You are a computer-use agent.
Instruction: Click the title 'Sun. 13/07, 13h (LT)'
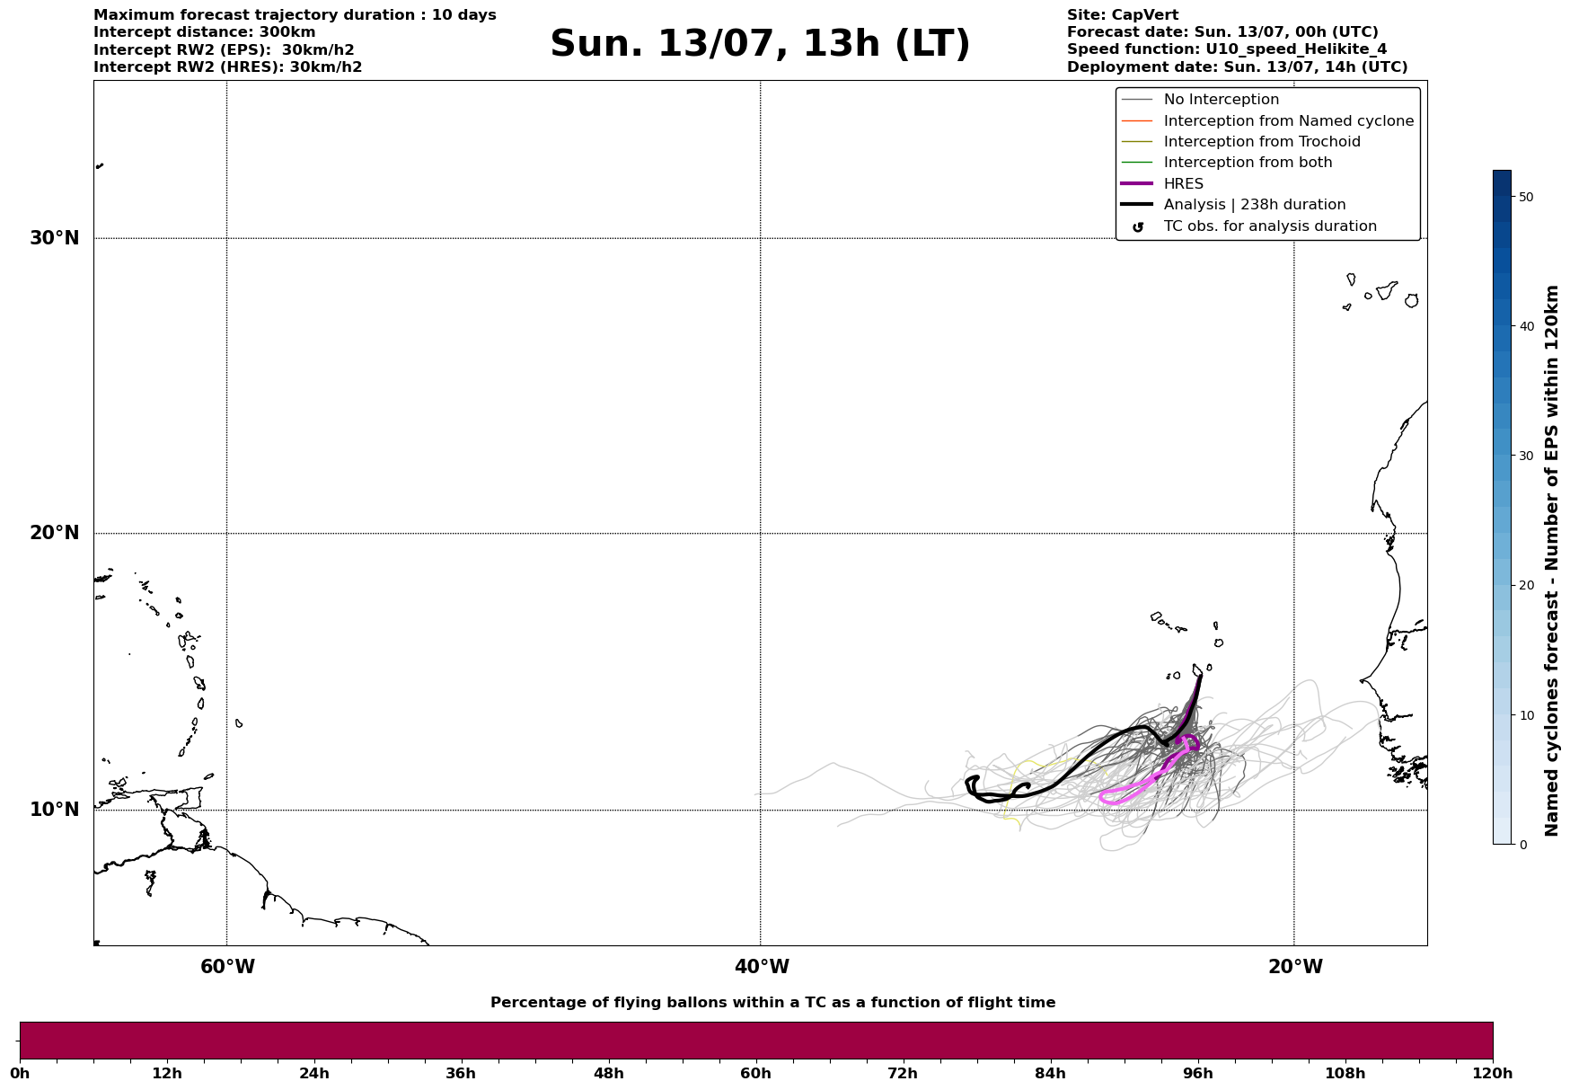tap(760, 44)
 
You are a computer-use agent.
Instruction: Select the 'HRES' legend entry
tap(1183, 184)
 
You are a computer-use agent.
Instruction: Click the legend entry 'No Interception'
tap(1221, 100)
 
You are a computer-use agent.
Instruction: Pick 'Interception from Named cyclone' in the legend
tap(1288, 121)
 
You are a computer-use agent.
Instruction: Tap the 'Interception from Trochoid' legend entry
tap(1261, 142)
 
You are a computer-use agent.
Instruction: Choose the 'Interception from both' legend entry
tap(1248, 163)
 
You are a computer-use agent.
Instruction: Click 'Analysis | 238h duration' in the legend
tap(1254, 205)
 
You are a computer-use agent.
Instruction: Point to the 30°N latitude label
tap(54, 238)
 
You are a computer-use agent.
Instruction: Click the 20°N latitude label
tap(54, 533)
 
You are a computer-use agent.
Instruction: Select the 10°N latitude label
tap(54, 810)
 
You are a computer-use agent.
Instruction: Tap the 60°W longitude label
tap(227, 967)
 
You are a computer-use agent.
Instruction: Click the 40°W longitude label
tap(762, 967)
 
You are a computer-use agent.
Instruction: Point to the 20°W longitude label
tap(1295, 967)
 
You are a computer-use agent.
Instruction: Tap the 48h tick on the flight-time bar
tap(608, 1074)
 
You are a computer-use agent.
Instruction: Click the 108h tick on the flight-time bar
tap(1345, 1074)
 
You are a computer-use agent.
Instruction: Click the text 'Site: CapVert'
tap(1122, 15)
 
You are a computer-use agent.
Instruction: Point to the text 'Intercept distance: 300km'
tap(204, 32)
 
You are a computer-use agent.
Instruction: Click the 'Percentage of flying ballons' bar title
tap(772, 1003)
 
